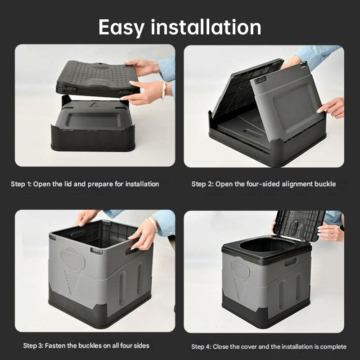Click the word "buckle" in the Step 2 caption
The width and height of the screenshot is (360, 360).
(325, 184)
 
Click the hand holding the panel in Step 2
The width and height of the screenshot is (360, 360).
(332, 108)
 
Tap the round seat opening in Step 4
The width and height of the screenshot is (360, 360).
(265, 245)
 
